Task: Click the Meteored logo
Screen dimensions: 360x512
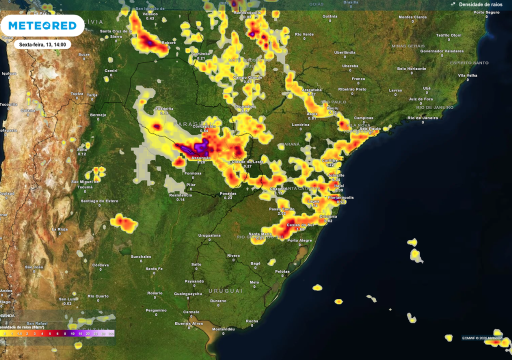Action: tap(42, 25)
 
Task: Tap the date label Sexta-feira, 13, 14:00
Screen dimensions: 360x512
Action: tap(42, 44)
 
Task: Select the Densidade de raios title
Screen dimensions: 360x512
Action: tap(480, 4)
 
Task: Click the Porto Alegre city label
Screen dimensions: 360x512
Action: tap(299, 240)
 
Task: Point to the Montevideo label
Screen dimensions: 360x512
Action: tap(223, 329)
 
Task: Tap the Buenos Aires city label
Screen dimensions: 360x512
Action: tap(189, 323)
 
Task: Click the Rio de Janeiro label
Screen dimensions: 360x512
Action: tap(422, 117)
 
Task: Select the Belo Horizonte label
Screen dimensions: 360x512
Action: tap(411, 68)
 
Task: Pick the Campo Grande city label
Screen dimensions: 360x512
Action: tap(247, 77)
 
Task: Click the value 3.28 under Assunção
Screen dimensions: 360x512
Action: tap(201, 162)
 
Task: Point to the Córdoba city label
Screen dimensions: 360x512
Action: tap(100, 264)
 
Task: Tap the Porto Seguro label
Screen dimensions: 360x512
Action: tap(486, 12)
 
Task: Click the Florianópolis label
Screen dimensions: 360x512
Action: tap(340, 197)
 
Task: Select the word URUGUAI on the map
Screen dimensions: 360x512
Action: tap(225, 290)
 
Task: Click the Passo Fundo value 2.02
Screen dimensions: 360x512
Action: tap(281, 213)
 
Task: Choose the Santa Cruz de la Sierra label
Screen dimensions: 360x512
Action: tap(116, 33)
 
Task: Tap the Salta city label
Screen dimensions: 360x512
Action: tap(82, 149)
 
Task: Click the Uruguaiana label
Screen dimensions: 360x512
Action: tap(209, 235)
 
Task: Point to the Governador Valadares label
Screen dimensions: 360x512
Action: tap(441, 51)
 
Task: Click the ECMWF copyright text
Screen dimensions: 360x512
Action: tap(482, 338)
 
